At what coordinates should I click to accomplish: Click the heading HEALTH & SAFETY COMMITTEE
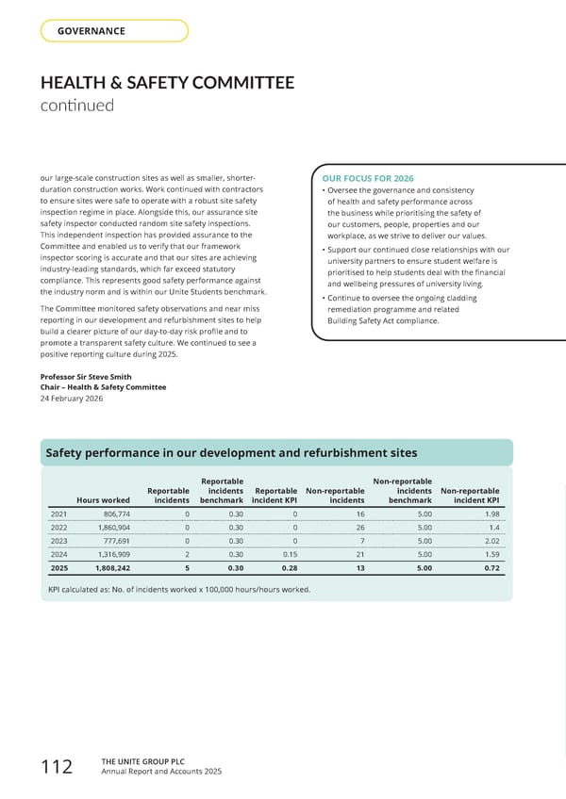click(167, 83)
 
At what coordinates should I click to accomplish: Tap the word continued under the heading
click(76, 105)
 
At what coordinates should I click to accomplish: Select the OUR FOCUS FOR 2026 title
click(368, 179)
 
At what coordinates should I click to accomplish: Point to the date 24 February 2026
click(72, 399)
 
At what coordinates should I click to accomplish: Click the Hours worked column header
click(104, 499)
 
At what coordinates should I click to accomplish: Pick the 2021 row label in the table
click(58, 514)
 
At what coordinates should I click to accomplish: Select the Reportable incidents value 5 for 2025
click(187, 568)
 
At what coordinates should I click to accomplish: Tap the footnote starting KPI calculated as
click(178, 590)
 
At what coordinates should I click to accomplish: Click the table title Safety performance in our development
click(231, 453)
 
